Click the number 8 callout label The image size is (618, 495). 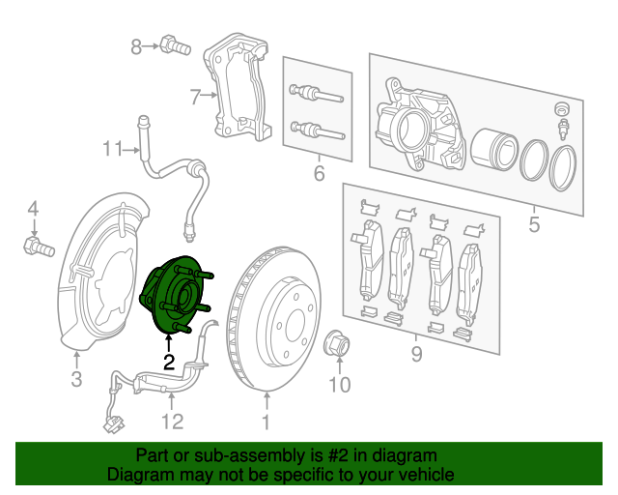pos(137,44)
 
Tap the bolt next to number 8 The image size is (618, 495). pos(175,44)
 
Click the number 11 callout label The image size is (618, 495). pos(115,149)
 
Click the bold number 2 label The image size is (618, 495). pos(169,364)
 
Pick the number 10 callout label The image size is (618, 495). pos(338,387)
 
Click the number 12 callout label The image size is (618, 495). pos(171,421)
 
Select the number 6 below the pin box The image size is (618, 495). pos(318,175)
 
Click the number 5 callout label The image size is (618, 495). pos(533,227)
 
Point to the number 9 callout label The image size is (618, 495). pos(417,355)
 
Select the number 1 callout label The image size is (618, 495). pos(266,422)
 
